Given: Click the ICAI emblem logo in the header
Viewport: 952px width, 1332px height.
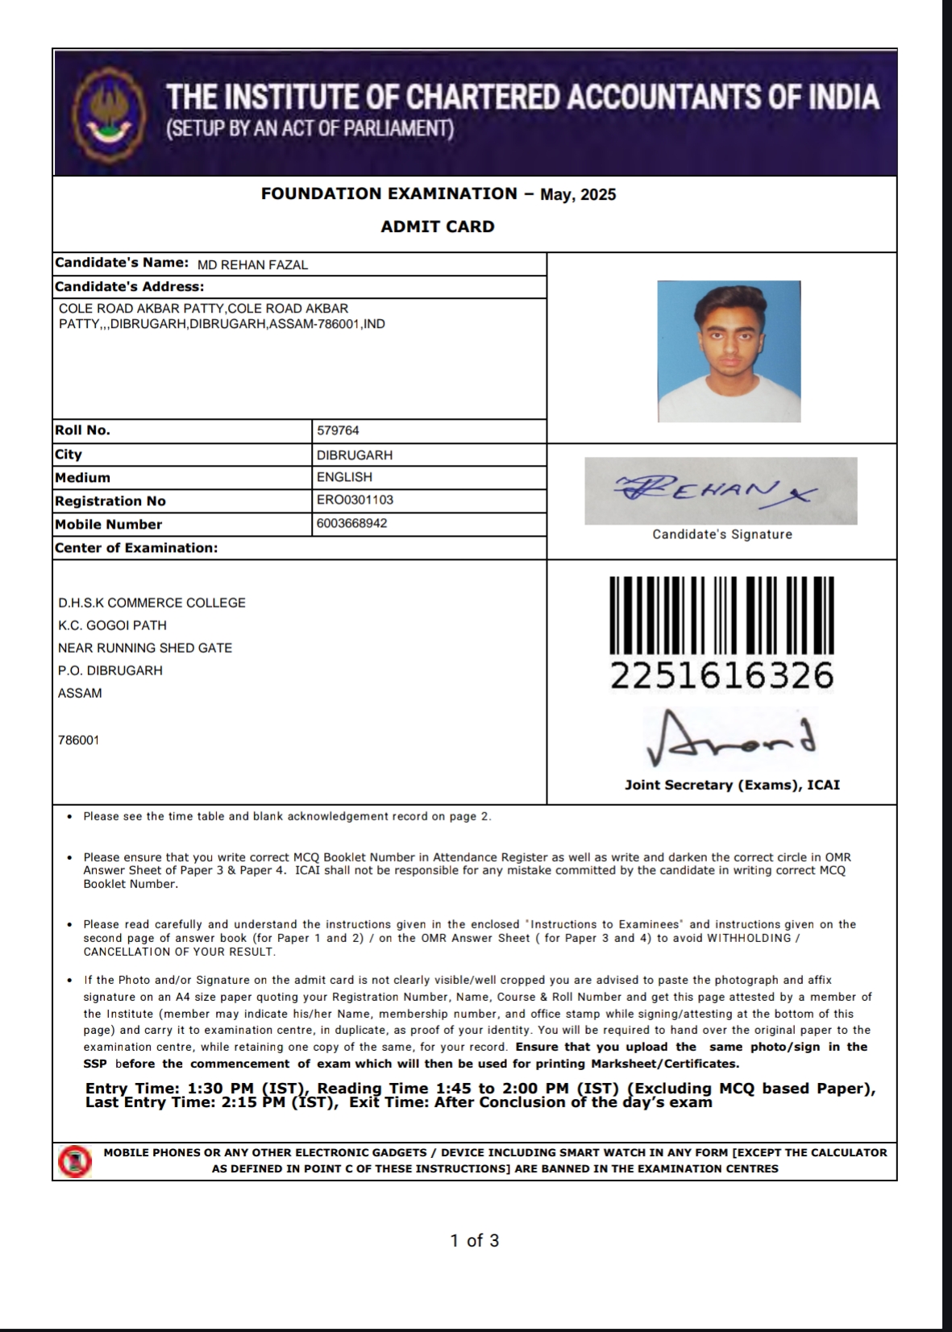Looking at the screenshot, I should coord(109,112).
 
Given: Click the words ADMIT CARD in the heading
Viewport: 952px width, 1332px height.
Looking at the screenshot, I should coord(438,226).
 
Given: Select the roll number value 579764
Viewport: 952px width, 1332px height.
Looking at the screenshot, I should coord(338,430).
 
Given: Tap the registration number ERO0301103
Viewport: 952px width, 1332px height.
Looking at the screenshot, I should coord(355,500).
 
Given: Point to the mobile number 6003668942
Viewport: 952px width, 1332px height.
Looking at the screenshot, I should coord(351,523).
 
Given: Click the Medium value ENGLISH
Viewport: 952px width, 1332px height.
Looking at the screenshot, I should coord(344,477).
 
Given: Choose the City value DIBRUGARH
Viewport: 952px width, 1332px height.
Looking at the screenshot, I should coord(355,454).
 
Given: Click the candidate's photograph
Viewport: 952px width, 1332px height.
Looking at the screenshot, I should coord(729,351).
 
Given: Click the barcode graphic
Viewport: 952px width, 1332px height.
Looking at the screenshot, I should coord(721,615).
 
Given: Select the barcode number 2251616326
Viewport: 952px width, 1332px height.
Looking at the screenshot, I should coord(721,676).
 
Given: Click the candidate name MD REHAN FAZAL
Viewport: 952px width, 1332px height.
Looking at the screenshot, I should coord(252,265).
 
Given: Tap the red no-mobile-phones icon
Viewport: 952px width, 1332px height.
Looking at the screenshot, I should coord(74,1160).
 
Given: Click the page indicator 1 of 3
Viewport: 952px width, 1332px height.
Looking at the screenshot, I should coord(475,1240).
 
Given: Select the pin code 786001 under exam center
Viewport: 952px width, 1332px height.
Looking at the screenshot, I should coord(79,740).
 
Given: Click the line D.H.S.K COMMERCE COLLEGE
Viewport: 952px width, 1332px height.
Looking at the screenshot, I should coord(152,603).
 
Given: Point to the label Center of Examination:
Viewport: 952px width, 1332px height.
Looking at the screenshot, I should coord(136,548).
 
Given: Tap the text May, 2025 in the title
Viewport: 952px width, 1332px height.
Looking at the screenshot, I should coord(578,194).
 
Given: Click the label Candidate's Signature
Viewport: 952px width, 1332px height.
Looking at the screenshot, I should coord(722,534).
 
